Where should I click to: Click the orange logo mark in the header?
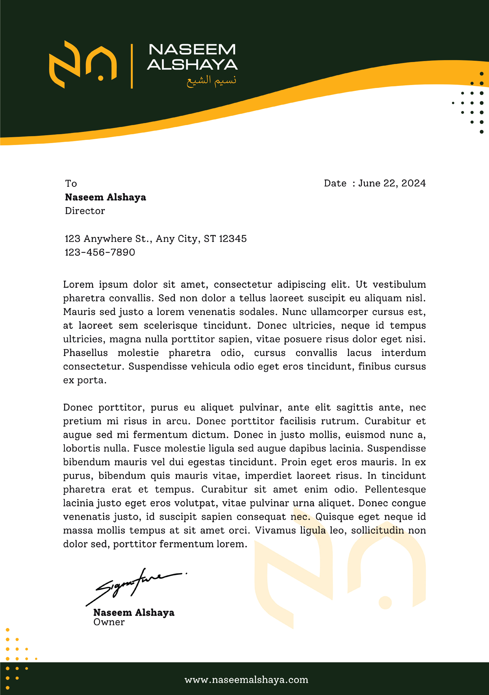(83, 64)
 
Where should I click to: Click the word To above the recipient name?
(71, 183)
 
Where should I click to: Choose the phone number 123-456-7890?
(100, 252)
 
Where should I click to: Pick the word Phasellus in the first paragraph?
(85, 353)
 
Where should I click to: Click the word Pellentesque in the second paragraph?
(395, 489)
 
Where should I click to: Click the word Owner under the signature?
(109, 622)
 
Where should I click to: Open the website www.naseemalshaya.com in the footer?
(246, 680)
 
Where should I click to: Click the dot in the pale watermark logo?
(385, 602)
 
